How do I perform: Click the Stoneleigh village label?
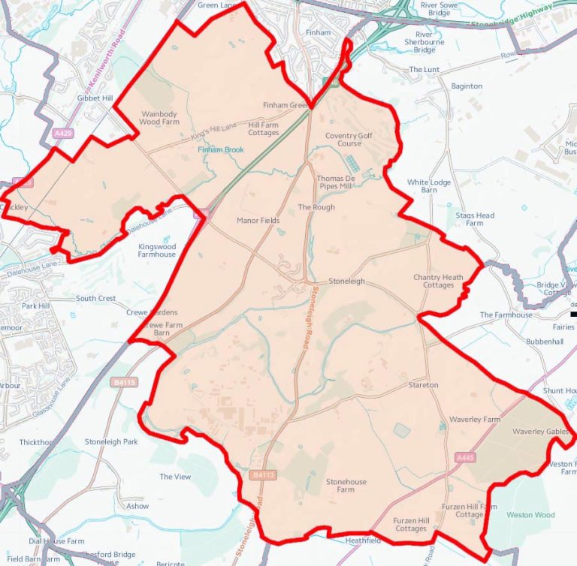pyautogui.click(x=346, y=281)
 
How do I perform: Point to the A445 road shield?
pyautogui.click(x=465, y=456)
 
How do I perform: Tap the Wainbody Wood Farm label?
pyautogui.click(x=159, y=117)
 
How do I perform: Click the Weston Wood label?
pyautogui.click(x=530, y=515)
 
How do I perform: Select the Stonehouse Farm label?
pyautogui.click(x=345, y=485)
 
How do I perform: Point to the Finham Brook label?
pyautogui.click(x=221, y=150)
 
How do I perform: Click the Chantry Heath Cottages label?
pyautogui.click(x=438, y=281)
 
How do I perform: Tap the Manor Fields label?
pyautogui.click(x=258, y=221)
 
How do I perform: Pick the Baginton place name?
pyautogui.click(x=466, y=86)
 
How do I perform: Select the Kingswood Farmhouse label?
pyautogui.click(x=157, y=250)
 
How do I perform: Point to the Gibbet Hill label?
pyautogui.click(x=94, y=98)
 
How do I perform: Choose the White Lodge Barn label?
pyautogui.click(x=429, y=186)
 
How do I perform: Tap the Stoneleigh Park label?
pyautogui.click(x=111, y=441)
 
